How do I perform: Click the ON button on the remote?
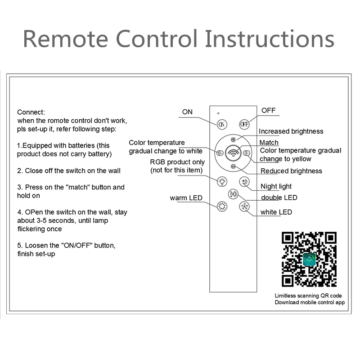[222, 124]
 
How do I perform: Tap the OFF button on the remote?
[244, 124]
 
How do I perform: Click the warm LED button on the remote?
[222, 207]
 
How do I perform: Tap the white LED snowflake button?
[244, 207]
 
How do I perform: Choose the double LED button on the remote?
[233, 194]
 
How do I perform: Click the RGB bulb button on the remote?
[222, 181]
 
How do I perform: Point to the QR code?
[309, 260]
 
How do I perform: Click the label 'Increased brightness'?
[291, 131]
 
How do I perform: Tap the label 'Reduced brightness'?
[291, 171]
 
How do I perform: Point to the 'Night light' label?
[276, 186]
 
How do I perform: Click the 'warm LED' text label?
[186, 198]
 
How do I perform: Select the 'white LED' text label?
[276, 212]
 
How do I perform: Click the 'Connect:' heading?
[31, 112]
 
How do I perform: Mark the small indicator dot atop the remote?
[218, 113]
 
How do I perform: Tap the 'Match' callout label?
[269, 143]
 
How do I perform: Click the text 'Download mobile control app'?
[310, 302]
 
